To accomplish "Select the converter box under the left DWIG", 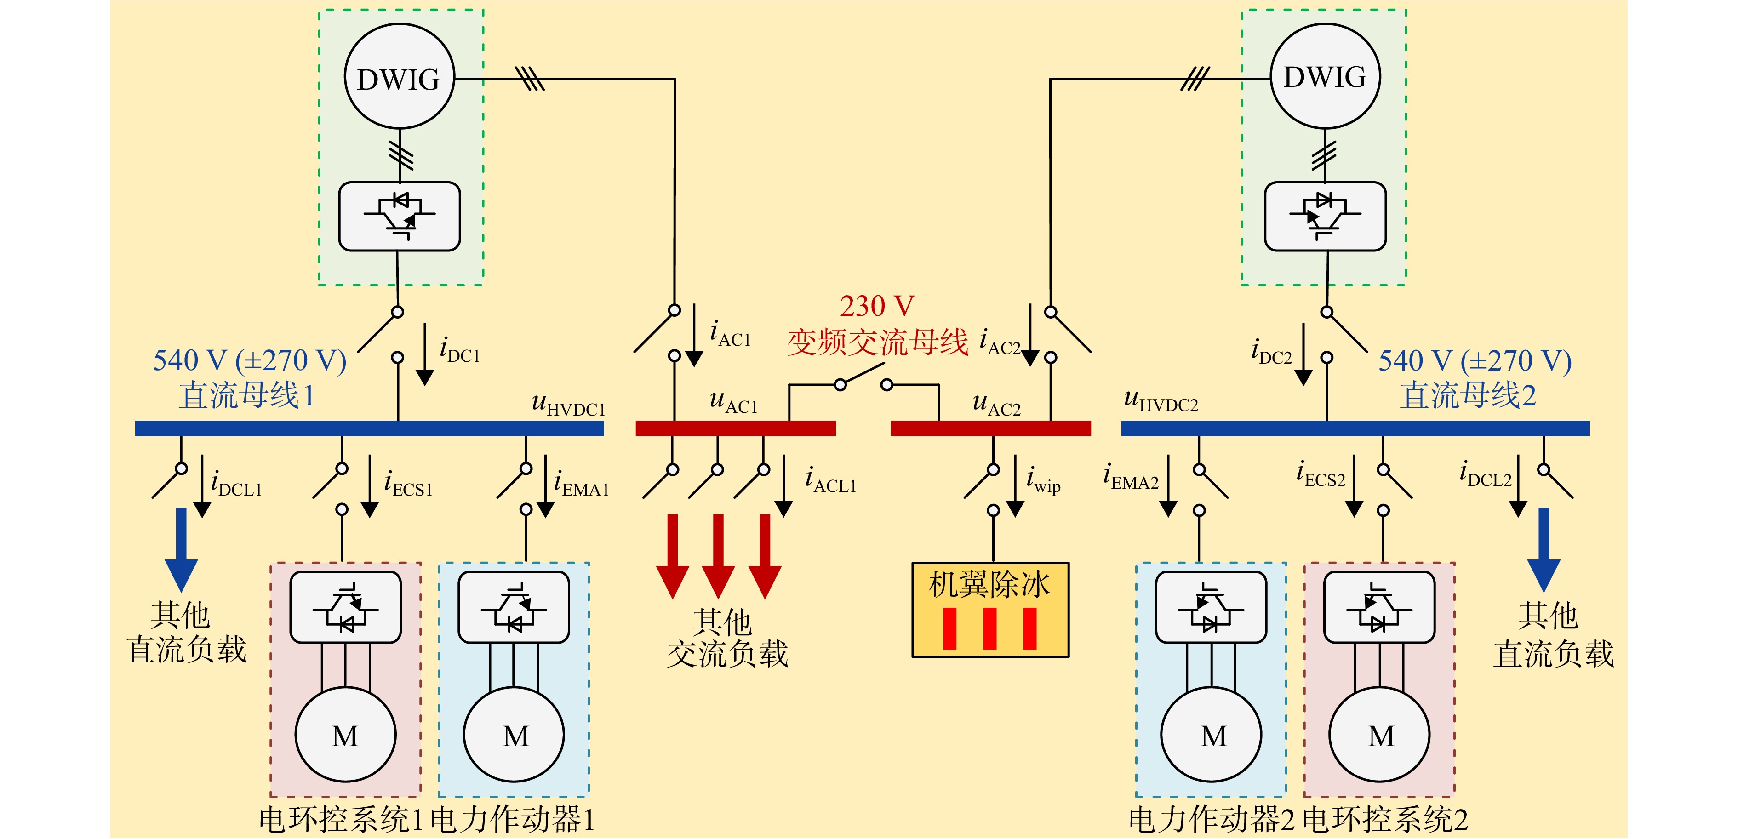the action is pos(400,217).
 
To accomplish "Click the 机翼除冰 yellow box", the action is pos(990,610).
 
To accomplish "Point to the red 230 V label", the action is pos(877,306).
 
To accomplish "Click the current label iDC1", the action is pos(459,350).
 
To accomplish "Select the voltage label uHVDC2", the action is pos(1161,400).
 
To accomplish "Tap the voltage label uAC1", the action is pos(733,401).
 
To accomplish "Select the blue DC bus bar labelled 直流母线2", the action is pos(1355,428).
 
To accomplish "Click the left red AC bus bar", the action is pos(735,428).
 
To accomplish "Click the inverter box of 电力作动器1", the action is pos(514,607).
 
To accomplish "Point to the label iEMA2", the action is pos(1131,476).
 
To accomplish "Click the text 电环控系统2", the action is pos(1385,819).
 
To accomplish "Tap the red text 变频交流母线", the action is pos(877,341).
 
